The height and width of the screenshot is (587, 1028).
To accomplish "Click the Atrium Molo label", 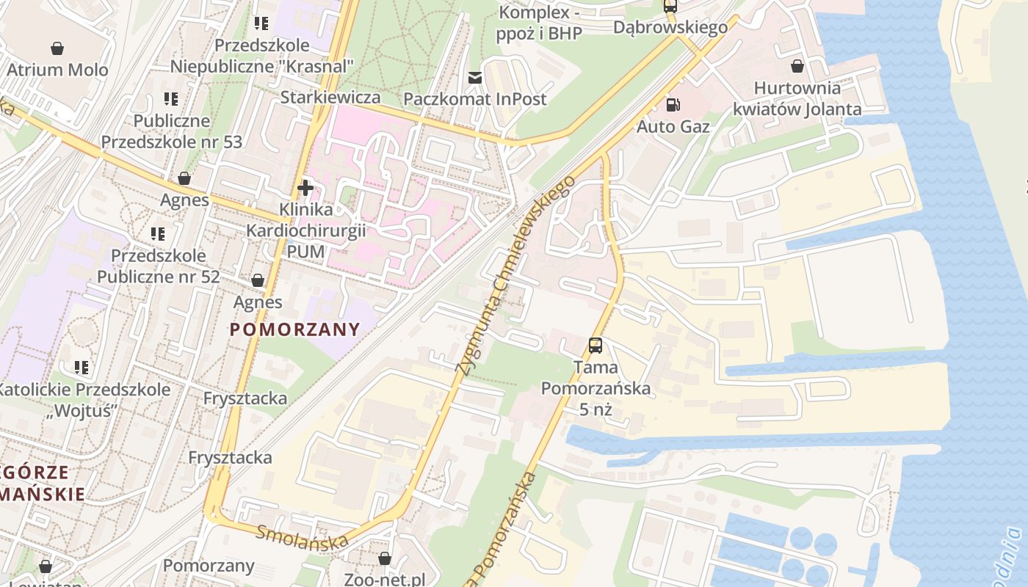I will pyautogui.click(x=57, y=70).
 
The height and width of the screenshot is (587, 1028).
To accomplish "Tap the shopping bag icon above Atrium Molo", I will pyautogui.click(x=57, y=49).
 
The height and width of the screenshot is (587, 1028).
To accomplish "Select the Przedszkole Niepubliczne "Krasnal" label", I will pyautogui.click(x=262, y=56).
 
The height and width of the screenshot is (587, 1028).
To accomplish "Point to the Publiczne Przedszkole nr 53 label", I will pyautogui.click(x=171, y=131).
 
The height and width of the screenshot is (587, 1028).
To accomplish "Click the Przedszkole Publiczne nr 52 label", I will pyautogui.click(x=159, y=266).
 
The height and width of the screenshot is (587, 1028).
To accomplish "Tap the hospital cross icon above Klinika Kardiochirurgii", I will pyautogui.click(x=305, y=188).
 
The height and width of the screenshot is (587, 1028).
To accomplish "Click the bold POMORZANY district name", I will pyautogui.click(x=295, y=329).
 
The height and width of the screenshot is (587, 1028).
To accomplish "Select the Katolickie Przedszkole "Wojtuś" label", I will pyautogui.click(x=83, y=400).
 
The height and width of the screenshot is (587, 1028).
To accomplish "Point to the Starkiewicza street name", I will pyautogui.click(x=330, y=98).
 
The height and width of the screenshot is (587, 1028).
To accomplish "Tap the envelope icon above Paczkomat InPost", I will pyautogui.click(x=475, y=78).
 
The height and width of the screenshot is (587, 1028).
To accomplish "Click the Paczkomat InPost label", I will pyautogui.click(x=475, y=99).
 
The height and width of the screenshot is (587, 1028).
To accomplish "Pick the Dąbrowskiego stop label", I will pyautogui.click(x=670, y=27).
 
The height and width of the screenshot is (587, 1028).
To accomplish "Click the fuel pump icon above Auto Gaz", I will pyautogui.click(x=673, y=105).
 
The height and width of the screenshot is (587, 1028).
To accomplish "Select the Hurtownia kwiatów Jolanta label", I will pyautogui.click(x=797, y=98).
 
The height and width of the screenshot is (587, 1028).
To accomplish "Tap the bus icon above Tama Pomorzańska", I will pyautogui.click(x=596, y=345).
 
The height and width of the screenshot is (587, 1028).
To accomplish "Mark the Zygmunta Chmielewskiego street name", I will pyautogui.click(x=513, y=276).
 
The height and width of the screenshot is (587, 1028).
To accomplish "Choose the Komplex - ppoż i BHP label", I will pyautogui.click(x=540, y=23).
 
